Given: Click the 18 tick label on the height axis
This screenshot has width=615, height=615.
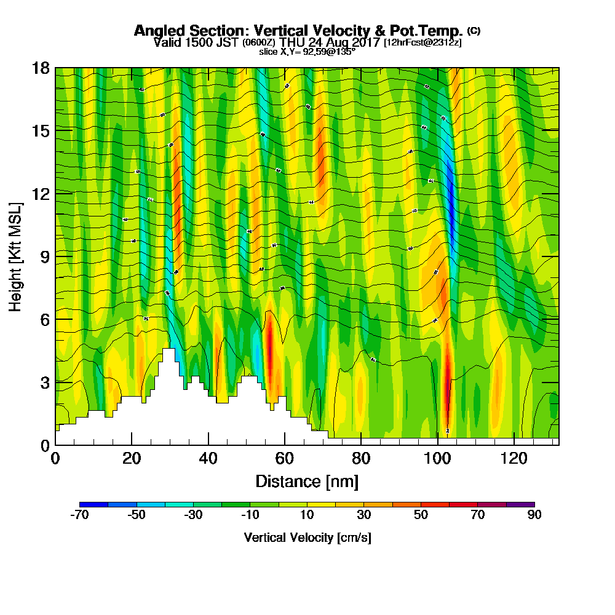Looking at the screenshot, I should coord(41,68).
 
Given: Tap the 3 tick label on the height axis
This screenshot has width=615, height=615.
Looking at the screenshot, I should coord(44,382).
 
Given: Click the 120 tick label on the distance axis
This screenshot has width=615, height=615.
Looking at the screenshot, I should coord(513,458).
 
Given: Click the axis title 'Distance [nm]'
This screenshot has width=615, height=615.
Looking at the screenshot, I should coord(307,481).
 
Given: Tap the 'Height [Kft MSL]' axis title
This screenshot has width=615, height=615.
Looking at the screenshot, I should coord(15,256).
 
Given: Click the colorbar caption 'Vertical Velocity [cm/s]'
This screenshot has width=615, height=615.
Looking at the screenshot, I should coord(307,538).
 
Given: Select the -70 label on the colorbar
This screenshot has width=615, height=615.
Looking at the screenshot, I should coord(79,515).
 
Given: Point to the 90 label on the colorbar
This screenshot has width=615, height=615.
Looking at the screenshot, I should coord(534,515).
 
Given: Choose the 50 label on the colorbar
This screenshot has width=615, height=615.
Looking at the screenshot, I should coord(421,515).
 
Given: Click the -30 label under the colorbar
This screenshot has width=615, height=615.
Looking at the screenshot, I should coord(193,515).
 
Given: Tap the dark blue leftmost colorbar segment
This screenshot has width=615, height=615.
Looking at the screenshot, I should coord(93,504).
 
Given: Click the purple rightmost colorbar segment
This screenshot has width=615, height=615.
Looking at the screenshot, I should coord(520,504).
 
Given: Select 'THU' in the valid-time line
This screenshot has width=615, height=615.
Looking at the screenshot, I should coord(291,42).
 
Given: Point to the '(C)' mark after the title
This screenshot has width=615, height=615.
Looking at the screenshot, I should coord(474,30).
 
